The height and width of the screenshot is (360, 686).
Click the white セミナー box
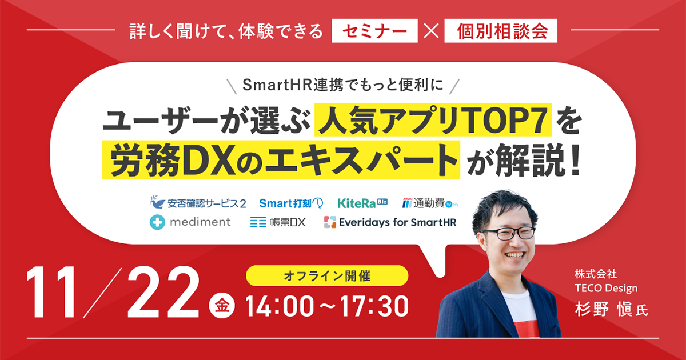coord(374,31)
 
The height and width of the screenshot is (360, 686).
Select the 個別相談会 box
coord(501,31)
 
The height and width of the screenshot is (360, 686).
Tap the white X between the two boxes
coord(431,31)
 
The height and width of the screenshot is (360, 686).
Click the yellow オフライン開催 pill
coord(327,276)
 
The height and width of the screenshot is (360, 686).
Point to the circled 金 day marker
coord(222,306)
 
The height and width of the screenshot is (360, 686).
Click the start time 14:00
coord(280,306)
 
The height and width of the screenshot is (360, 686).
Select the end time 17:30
coord(374,306)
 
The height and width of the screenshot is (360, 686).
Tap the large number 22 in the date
coord(163,293)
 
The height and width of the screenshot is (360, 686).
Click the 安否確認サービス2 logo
coord(198,203)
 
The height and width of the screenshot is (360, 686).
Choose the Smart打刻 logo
coord(291,203)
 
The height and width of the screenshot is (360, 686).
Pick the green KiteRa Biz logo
coord(362,203)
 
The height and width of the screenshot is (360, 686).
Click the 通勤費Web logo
coord(430,203)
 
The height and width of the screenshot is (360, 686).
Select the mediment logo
coord(190,222)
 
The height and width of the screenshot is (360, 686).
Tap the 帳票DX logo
coord(278,222)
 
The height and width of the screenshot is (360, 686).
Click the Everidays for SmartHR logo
coord(390,222)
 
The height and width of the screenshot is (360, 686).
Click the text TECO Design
coord(606,288)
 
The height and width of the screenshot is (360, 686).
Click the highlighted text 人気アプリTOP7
coord(433,119)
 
